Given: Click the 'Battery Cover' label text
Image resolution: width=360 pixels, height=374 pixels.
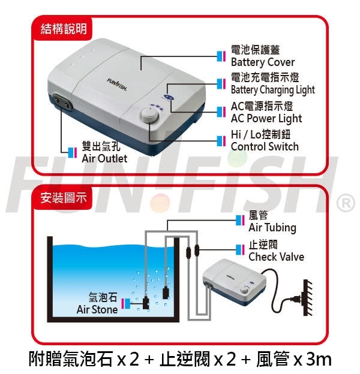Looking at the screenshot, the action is click(263, 62).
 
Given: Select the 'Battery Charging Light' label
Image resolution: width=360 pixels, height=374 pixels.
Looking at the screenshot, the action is click(273, 90).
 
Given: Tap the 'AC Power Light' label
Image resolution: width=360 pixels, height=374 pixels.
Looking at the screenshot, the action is click(266, 118).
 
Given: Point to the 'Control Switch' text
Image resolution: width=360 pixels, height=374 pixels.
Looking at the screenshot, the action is click(265, 146).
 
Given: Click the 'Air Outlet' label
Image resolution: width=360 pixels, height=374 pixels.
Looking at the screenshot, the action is click(104, 158).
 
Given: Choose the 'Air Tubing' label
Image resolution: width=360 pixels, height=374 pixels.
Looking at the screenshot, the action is click(272, 227).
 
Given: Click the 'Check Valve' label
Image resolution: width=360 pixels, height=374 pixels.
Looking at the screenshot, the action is click(276, 257).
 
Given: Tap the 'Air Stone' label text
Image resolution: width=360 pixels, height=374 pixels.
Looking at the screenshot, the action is click(97, 309).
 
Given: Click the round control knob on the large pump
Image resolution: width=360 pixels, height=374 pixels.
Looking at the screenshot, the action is click(150, 115).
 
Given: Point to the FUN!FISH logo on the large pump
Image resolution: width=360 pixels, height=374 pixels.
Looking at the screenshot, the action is click(117, 84).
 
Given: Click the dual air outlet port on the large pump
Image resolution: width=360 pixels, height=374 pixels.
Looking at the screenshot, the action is click(62, 101).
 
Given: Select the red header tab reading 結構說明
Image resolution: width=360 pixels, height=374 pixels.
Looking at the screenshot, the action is click(63, 29).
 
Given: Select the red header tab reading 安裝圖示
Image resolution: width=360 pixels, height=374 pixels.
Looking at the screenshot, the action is click(63, 198).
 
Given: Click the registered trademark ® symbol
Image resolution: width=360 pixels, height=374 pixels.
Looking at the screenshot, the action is click(345, 203).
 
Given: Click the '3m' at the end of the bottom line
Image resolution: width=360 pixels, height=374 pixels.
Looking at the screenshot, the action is click(319, 359).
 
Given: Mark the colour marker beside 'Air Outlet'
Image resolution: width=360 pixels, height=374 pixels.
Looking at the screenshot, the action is click(73, 152).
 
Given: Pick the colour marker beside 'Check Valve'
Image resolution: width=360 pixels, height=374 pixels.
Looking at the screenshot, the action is click(240, 250).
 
